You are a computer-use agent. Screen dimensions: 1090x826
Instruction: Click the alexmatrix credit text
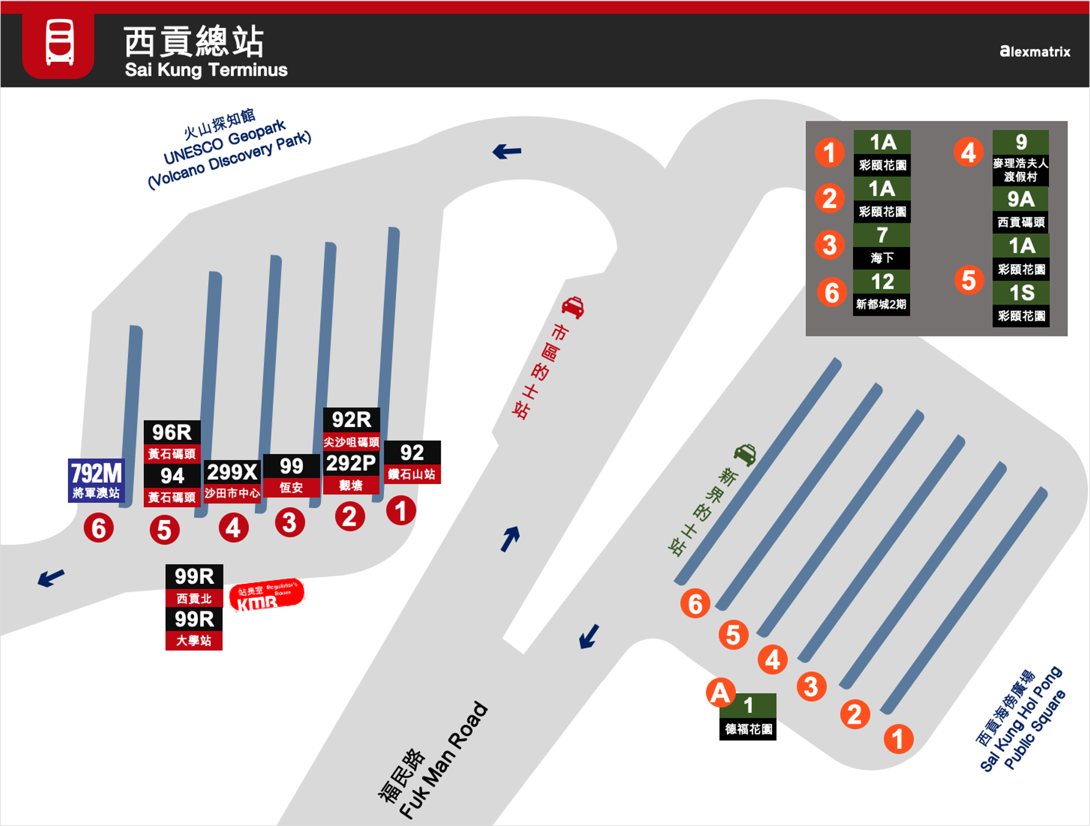[x=1034, y=51]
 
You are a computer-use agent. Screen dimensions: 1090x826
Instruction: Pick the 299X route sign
[x=232, y=481]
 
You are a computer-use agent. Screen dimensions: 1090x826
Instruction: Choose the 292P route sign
[x=351, y=472]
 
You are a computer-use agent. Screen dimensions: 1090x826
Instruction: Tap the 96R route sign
[x=172, y=441]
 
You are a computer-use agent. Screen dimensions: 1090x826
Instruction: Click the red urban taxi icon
[x=573, y=307]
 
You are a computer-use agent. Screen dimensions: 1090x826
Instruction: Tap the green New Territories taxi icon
[x=745, y=454]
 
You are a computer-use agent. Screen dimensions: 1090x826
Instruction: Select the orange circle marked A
[x=721, y=693]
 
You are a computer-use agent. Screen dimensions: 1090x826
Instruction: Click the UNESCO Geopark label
[x=230, y=150]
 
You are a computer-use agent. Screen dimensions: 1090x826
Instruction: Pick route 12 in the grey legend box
[x=882, y=292]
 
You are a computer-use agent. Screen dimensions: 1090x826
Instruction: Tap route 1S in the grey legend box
[x=1021, y=303]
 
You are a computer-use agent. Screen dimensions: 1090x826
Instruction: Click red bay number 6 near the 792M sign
[x=99, y=528]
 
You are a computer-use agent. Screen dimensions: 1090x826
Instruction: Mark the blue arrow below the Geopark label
[x=506, y=151]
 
